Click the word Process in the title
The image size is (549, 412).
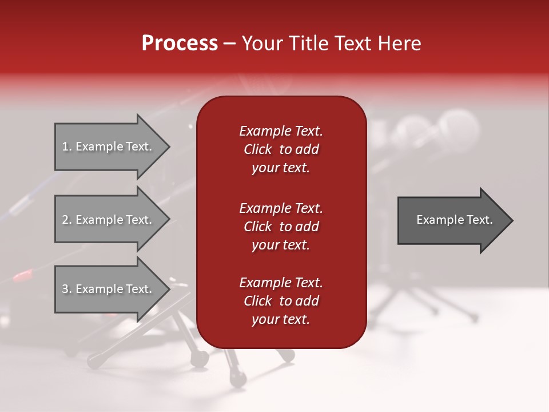pyautogui.click(x=180, y=43)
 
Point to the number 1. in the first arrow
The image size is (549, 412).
pyautogui.click(x=67, y=146)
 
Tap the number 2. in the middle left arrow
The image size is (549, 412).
pyautogui.click(x=67, y=220)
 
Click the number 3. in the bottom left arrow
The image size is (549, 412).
pyautogui.click(x=67, y=289)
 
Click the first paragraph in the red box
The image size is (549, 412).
pyautogui.click(x=281, y=149)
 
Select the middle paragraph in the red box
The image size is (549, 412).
pyautogui.click(x=281, y=227)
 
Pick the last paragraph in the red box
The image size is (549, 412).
pyautogui.click(x=281, y=301)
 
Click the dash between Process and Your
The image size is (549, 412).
pyautogui.click(x=230, y=43)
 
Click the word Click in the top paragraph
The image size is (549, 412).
pyautogui.click(x=258, y=149)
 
